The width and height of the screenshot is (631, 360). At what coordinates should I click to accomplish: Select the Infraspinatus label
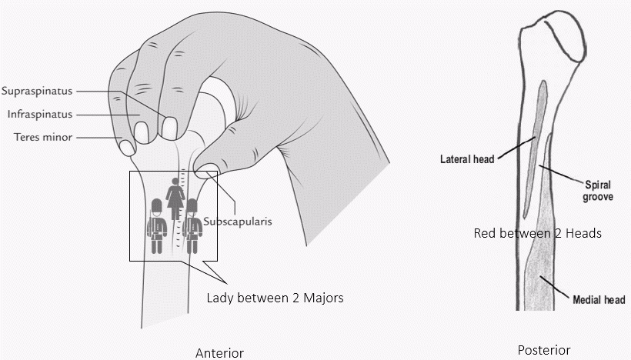click(x=40, y=114)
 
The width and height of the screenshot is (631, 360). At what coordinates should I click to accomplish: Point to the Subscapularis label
click(x=238, y=220)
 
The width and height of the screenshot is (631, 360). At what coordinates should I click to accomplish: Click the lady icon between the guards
click(x=175, y=198)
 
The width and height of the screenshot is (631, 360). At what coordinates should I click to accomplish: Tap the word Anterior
click(x=219, y=353)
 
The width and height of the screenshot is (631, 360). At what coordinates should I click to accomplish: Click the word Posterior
click(x=544, y=350)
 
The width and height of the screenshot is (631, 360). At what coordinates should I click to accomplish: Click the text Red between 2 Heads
click(x=537, y=232)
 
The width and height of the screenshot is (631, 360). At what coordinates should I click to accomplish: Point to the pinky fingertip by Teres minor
click(x=125, y=144)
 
